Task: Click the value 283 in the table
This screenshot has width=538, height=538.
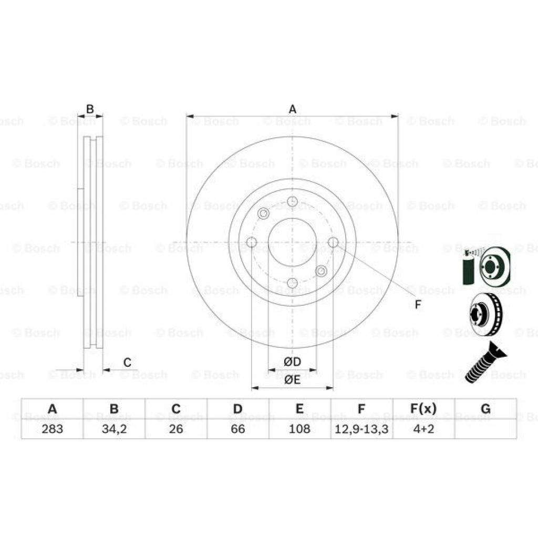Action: pos(52,429)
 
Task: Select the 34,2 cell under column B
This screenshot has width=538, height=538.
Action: pos(114,429)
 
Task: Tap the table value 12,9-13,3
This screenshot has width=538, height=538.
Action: pos(361,429)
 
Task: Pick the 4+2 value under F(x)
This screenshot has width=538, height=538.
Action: pos(423,429)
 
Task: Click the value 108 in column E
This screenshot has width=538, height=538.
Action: pos(299,429)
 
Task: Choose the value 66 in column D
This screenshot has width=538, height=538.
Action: pos(238,429)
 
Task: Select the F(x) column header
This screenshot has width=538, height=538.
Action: pos(423,409)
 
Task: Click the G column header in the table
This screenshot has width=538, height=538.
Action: pos(485,409)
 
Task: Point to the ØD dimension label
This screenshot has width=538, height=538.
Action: pos(292,362)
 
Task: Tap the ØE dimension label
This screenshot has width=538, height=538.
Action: pos(292,380)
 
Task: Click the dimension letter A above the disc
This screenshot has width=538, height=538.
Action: pos(293,109)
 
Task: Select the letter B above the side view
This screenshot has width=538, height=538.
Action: pos(90,109)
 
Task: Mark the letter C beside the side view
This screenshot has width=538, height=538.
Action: pos(127,362)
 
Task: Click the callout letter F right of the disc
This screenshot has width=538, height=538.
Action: pos(418,305)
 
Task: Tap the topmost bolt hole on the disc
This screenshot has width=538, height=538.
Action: pos(293,201)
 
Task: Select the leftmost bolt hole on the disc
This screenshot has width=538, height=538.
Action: pos(252,242)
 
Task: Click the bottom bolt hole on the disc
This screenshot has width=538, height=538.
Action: pos(293,284)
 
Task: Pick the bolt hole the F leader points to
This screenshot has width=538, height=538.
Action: pos(333,242)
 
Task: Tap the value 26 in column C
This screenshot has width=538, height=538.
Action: pos(176,429)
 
